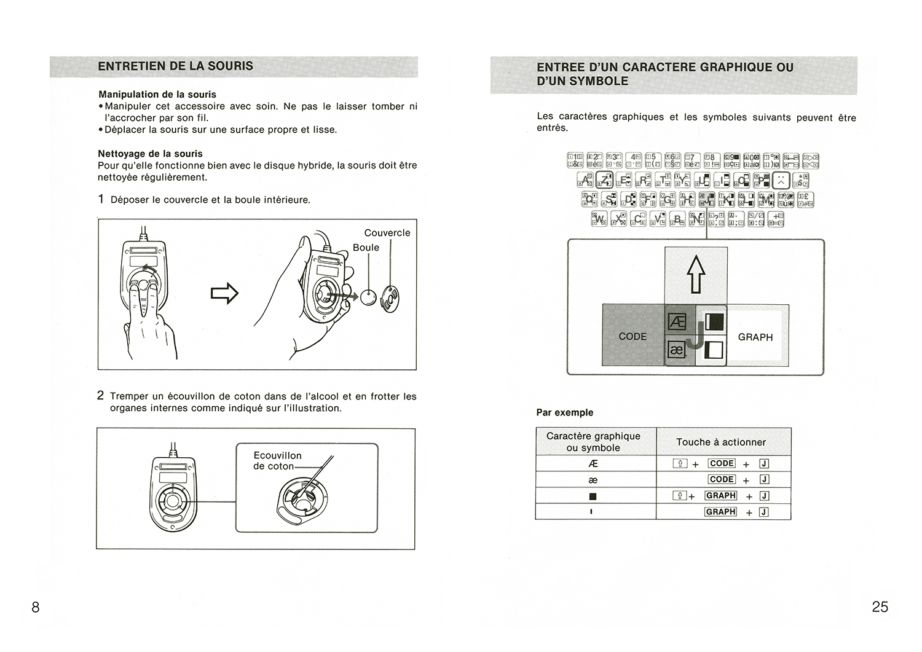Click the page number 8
click(36, 607)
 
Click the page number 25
click(880, 607)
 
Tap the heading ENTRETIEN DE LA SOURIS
click(175, 66)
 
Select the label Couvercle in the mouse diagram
click(387, 233)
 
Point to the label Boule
click(366, 248)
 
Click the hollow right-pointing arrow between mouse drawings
click(224, 293)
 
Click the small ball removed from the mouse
click(368, 298)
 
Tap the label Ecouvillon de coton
click(277, 461)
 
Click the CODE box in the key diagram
click(632, 337)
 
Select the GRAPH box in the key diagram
click(755, 337)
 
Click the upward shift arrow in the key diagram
click(696, 274)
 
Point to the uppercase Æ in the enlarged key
click(676, 321)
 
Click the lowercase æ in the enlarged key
click(676, 350)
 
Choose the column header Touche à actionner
click(721, 442)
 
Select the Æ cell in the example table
click(593, 464)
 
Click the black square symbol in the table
click(593, 497)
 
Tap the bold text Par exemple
click(564, 412)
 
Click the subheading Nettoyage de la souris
click(150, 154)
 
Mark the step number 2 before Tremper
click(101, 396)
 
